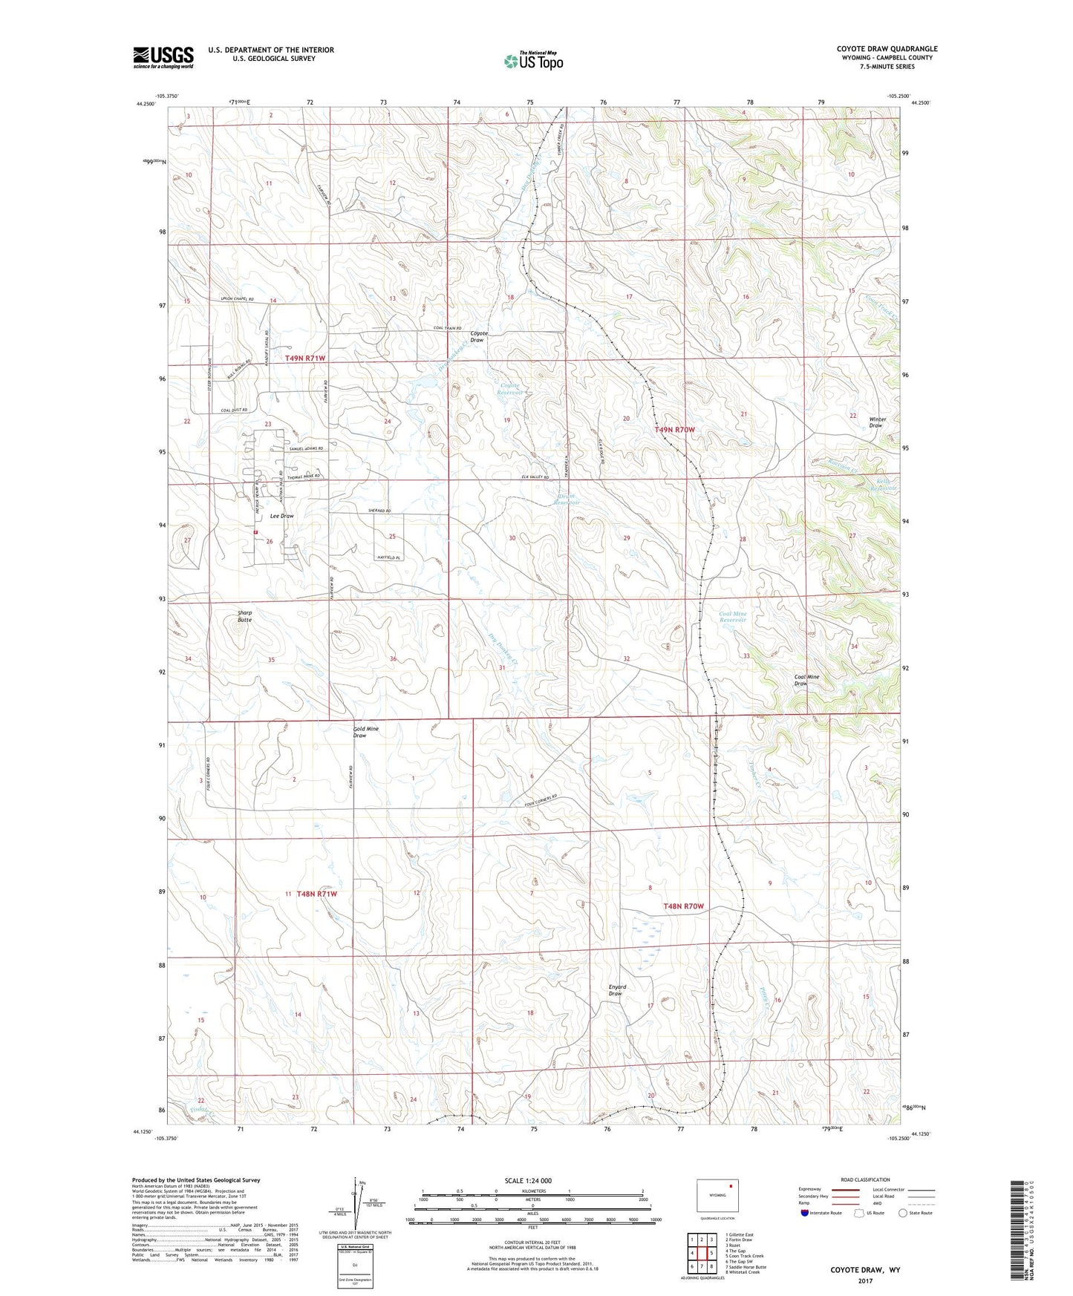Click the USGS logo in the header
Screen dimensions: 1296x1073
pyautogui.click(x=163, y=57)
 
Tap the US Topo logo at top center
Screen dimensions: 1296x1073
pyautogui.click(x=532, y=61)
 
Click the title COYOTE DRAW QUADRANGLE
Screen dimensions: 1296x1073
pyautogui.click(x=887, y=49)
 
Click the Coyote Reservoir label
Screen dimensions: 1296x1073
pyautogui.click(x=509, y=389)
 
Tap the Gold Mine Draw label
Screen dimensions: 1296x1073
pyautogui.click(x=365, y=732)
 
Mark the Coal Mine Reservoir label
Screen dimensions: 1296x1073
pyautogui.click(x=733, y=617)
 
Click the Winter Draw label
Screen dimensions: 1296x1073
pyautogui.click(x=877, y=422)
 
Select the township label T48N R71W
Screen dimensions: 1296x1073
pyautogui.click(x=316, y=894)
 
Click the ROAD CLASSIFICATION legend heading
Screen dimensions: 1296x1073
pyautogui.click(x=864, y=1179)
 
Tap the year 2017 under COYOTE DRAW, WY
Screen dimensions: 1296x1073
pyautogui.click(x=864, y=1280)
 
